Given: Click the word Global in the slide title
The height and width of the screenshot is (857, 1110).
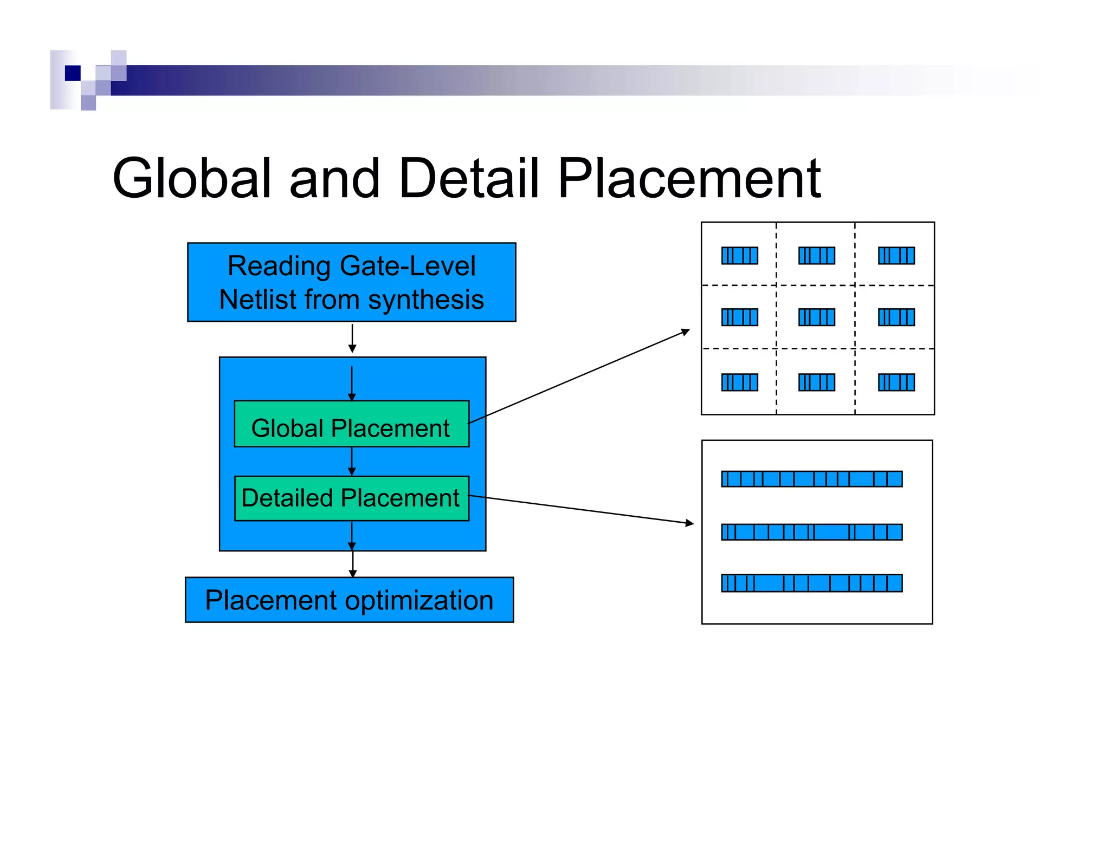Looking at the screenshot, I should [191, 179].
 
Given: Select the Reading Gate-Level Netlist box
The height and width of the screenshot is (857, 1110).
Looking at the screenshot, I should [351, 282].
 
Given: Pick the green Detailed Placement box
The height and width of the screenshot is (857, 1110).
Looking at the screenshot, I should [351, 498].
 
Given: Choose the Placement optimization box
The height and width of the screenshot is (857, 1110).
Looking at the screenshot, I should [349, 600].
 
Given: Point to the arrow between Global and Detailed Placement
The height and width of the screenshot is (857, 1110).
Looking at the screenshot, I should [352, 462].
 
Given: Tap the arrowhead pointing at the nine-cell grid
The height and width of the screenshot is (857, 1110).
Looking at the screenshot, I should [686, 331].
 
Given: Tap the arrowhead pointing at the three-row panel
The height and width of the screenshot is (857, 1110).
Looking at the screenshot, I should [689, 523].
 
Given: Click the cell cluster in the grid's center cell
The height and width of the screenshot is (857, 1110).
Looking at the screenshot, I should [817, 317].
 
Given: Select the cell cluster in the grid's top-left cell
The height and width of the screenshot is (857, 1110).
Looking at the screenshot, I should [739, 256].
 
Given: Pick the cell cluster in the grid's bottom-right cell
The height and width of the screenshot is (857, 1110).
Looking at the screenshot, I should [896, 382].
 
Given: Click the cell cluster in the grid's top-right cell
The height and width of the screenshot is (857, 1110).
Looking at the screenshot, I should [896, 256].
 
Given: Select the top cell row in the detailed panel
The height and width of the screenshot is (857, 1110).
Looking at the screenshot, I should [811, 479].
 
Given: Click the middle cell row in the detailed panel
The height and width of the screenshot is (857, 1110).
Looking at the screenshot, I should [811, 533].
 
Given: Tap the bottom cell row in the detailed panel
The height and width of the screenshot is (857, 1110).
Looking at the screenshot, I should [811, 583].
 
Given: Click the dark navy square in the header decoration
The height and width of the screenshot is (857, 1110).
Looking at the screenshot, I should [73, 73].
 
